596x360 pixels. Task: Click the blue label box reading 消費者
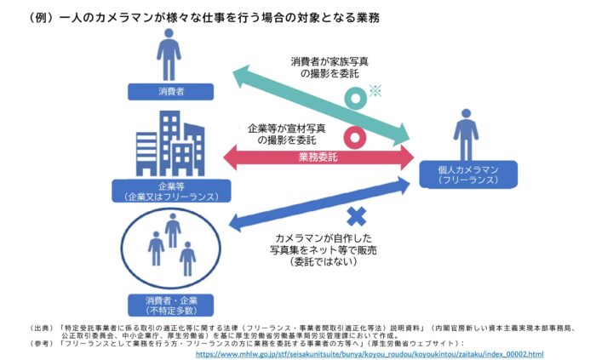[170, 92]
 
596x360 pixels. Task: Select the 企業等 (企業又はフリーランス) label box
[171, 191]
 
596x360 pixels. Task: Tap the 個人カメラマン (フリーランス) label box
[468, 174]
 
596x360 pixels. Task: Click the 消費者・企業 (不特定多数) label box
[170, 306]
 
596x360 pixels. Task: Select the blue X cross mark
[357, 216]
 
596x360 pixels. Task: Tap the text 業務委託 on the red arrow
[318, 157]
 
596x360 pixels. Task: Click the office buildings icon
[170, 143]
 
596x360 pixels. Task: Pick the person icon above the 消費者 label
[169, 54]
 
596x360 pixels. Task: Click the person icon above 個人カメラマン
[466, 134]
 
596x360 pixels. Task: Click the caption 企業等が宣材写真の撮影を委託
[287, 134]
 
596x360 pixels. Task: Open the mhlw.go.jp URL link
[370, 354]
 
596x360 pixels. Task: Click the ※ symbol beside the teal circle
[375, 91]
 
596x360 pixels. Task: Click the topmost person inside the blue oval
[173, 231]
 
